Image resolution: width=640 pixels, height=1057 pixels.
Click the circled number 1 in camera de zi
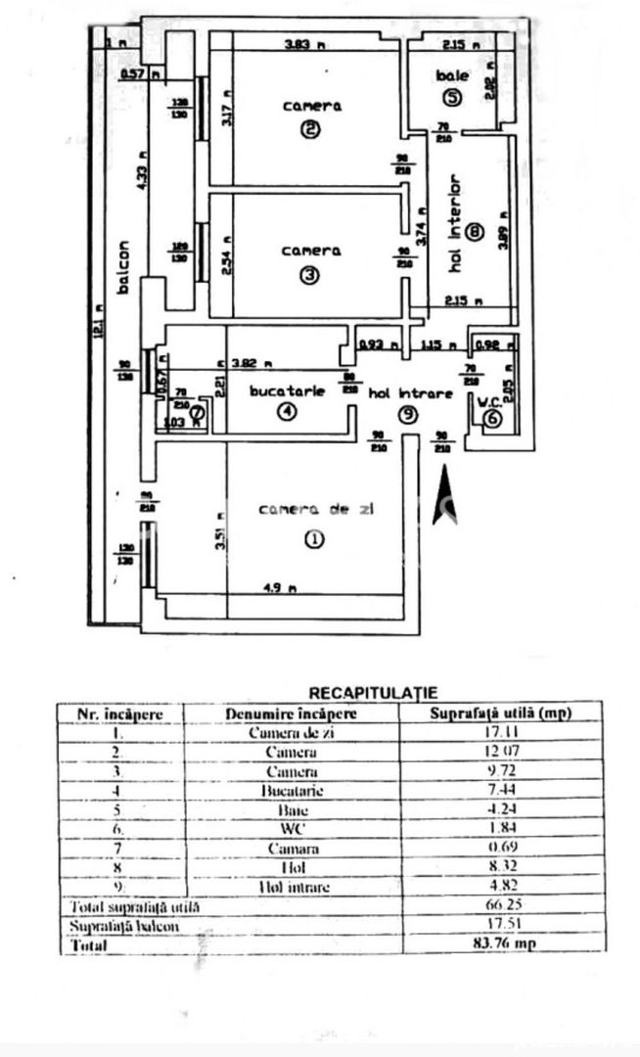point(312,539)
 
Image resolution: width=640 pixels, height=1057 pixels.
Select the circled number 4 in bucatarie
point(286,412)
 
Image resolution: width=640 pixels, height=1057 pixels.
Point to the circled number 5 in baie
point(451,97)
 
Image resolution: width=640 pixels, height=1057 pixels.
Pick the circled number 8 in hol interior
point(475,233)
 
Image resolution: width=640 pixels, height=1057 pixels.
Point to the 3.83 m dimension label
point(303,44)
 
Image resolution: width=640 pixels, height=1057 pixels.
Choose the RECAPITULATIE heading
point(373,693)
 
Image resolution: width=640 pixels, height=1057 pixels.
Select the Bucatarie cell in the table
point(291,790)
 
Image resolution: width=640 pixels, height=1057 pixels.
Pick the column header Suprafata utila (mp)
point(500,713)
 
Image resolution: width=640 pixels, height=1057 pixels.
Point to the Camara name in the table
point(291,849)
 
